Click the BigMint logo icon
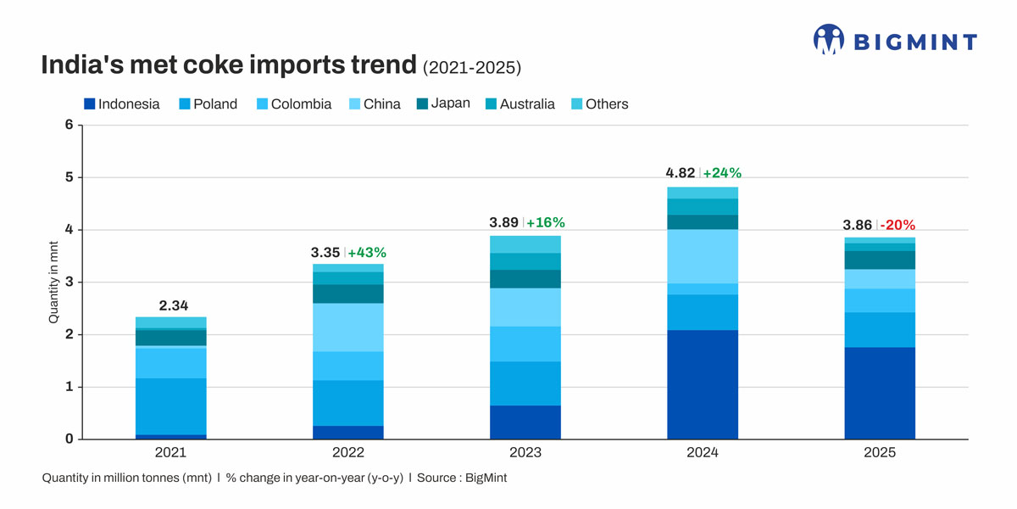829,39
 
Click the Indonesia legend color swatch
89,104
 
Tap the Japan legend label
450,103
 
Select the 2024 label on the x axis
703,453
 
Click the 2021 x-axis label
170,453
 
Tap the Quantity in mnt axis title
53,282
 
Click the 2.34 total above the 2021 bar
173,305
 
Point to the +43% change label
367,252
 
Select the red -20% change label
897,226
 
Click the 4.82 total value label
681,173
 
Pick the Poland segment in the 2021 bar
170,406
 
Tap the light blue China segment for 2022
347,327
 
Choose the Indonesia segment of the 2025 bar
880,393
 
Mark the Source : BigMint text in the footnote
462,478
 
